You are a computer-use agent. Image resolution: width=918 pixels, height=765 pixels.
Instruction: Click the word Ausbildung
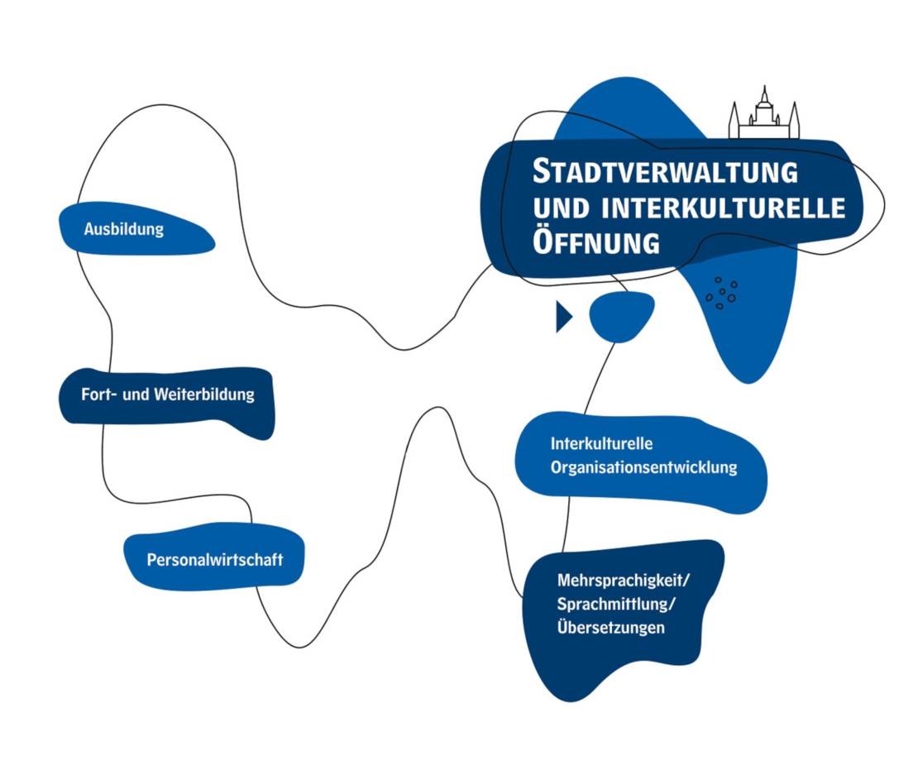click(x=123, y=229)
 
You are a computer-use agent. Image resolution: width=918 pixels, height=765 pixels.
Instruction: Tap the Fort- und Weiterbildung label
click(x=167, y=394)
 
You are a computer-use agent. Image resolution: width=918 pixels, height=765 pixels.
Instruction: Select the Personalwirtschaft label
click(x=214, y=560)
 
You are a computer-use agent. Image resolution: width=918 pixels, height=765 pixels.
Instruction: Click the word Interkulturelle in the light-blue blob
click(x=590, y=444)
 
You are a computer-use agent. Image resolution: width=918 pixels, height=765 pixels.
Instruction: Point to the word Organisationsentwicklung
click(x=643, y=467)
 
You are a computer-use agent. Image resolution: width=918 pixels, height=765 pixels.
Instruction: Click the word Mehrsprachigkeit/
click(x=623, y=579)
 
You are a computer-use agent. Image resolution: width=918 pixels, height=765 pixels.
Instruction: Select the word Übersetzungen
click(x=611, y=627)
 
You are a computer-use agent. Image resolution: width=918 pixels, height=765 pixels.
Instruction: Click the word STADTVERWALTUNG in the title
click(x=665, y=172)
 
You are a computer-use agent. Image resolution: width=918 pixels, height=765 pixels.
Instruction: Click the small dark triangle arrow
click(x=563, y=317)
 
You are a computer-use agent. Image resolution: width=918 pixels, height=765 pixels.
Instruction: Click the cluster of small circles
click(x=721, y=292)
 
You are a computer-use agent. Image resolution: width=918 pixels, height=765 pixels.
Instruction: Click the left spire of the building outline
click(x=734, y=120)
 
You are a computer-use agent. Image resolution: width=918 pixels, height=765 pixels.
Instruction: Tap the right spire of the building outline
click(x=795, y=120)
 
